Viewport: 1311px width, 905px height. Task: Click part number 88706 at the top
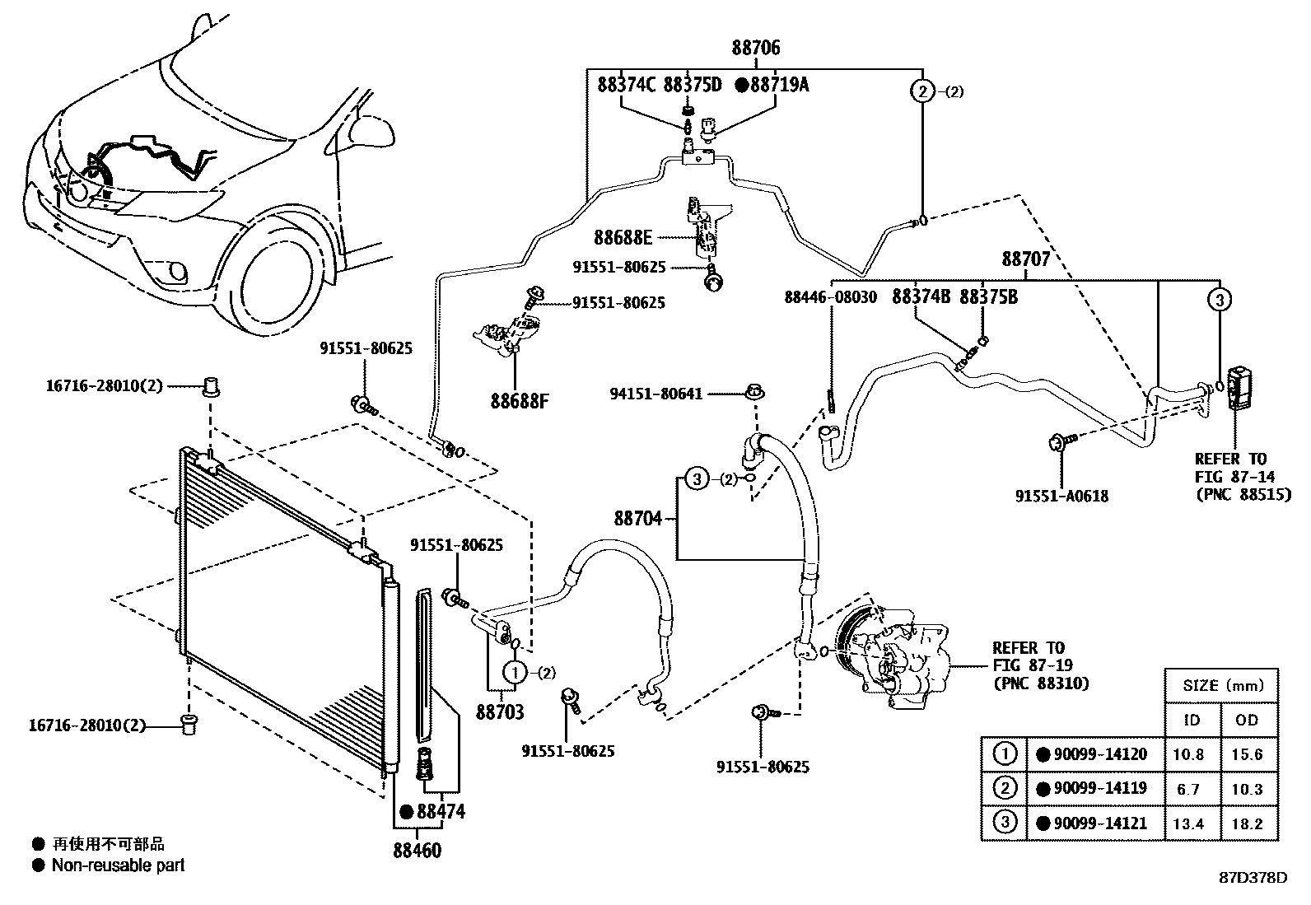tap(755, 48)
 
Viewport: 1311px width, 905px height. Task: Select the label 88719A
tap(777, 84)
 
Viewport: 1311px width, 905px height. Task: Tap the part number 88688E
tap(623, 238)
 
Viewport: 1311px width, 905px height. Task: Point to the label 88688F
tap(519, 402)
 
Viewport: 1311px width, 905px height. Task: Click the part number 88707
tap(1025, 259)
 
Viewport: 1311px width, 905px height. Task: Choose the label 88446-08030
tap(830, 296)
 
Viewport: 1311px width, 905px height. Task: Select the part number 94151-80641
tap(656, 394)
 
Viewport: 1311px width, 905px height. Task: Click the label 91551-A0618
tap(1061, 496)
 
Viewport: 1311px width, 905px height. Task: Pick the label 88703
tap(500, 711)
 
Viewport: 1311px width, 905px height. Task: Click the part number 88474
tap(441, 812)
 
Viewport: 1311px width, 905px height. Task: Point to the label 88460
tap(417, 851)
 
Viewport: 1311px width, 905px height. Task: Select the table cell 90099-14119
tap(1095, 788)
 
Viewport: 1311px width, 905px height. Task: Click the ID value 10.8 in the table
tap(1190, 754)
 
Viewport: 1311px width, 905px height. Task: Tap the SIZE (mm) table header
tap(1221, 685)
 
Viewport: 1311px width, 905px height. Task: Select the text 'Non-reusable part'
tap(118, 865)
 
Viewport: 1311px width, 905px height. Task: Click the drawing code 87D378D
tap(1252, 877)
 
